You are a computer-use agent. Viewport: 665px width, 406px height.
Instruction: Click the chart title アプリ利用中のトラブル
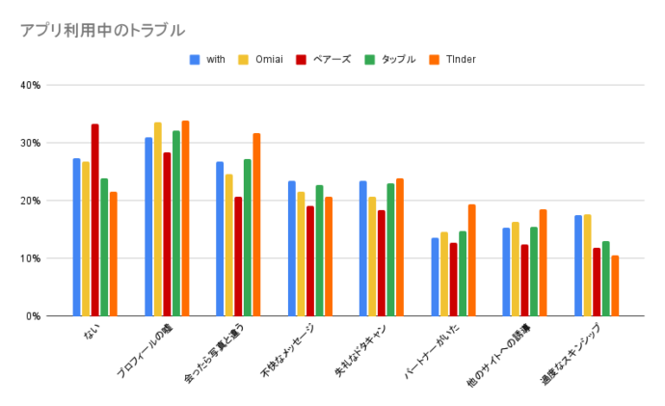[x=101, y=30]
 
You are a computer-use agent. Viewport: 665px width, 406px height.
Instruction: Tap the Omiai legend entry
[x=268, y=60]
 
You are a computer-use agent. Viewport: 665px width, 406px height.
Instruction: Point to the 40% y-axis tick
[x=30, y=85]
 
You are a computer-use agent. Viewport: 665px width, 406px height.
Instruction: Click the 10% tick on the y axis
[x=30, y=258]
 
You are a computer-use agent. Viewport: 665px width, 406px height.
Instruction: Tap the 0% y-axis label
[x=33, y=316]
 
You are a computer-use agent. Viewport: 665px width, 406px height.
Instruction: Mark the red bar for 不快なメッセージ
[x=310, y=260]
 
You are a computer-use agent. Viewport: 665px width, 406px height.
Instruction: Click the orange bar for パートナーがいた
[x=471, y=260]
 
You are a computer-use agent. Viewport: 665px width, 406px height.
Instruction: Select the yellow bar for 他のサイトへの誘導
[x=516, y=269]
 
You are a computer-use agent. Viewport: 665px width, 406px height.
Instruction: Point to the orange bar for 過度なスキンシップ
[x=615, y=285]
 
